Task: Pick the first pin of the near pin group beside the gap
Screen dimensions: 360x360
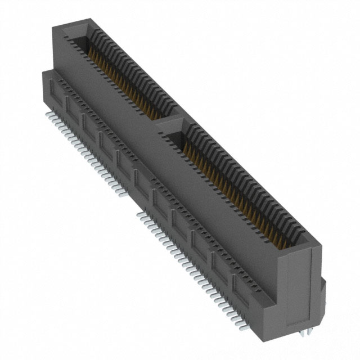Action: pos(141,214)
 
